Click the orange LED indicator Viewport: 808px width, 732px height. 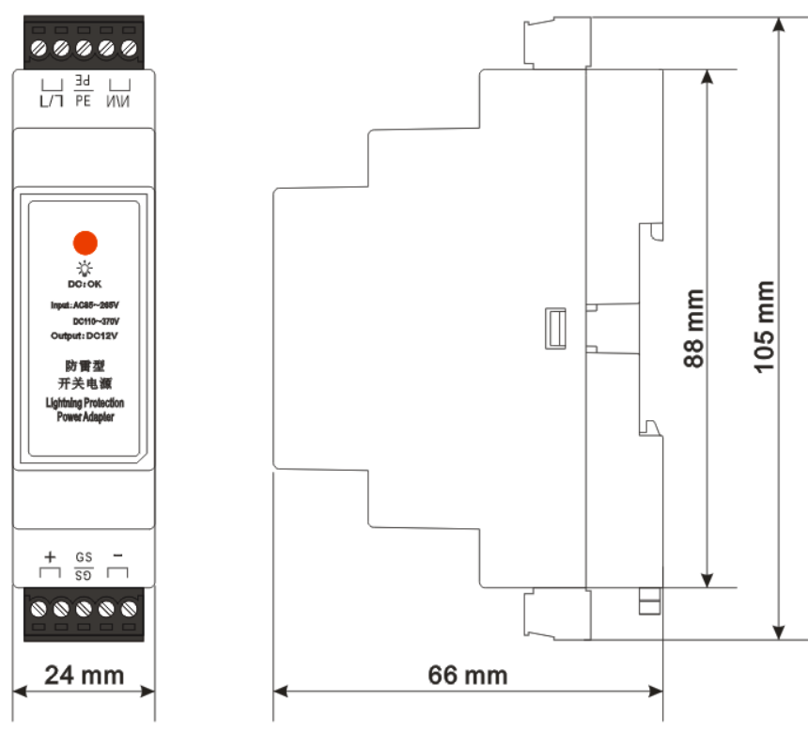(x=85, y=241)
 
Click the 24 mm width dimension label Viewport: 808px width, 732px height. (x=85, y=675)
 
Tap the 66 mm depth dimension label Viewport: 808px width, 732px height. (x=467, y=675)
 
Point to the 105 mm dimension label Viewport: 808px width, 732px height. (x=766, y=327)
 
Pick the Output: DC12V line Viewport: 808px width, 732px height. (x=85, y=335)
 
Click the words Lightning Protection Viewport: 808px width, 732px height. (x=85, y=402)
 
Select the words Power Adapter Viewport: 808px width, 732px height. (x=85, y=416)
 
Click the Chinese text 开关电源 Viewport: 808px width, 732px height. (x=85, y=384)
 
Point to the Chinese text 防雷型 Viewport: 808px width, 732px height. (x=85, y=366)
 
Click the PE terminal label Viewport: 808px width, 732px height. (x=83, y=98)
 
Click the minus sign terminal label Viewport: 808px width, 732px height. (x=117, y=555)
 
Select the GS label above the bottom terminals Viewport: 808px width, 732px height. (x=83, y=556)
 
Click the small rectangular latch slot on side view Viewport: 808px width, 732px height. (x=554, y=327)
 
